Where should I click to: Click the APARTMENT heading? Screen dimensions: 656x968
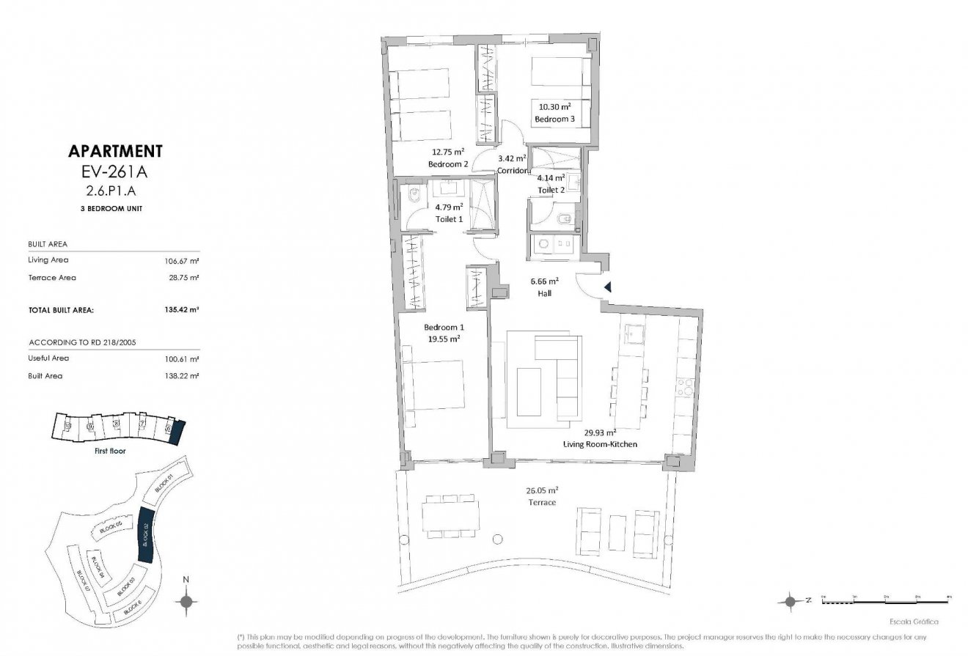pos(114,152)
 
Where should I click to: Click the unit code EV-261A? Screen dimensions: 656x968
pos(114,173)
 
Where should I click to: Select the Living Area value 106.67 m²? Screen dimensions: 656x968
pos(182,260)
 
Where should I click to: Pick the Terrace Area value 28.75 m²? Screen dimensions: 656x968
pos(184,278)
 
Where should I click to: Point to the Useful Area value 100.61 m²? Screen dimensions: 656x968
pos(182,358)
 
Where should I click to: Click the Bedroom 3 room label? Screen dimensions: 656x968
pos(554,119)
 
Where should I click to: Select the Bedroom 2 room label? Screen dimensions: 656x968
pos(448,164)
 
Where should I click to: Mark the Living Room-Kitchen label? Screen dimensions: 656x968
pos(599,444)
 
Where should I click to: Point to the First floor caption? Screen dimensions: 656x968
pos(109,451)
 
